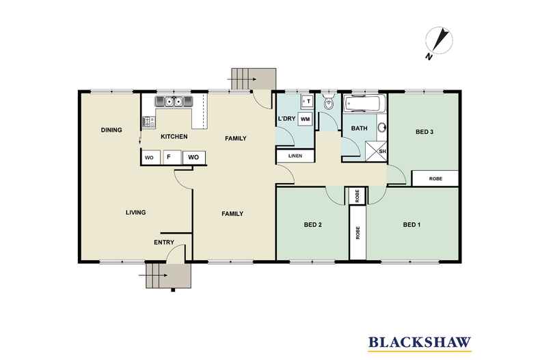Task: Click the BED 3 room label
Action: [x=424, y=132]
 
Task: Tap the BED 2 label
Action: [x=312, y=225]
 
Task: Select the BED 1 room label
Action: [x=411, y=225]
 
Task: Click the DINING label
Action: [x=111, y=130]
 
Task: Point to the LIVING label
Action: [x=136, y=212]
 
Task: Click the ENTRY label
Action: [x=164, y=243]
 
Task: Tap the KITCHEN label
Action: [x=174, y=137]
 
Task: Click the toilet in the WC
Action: [x=329, y=101]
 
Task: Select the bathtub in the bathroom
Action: [x=362, y=104]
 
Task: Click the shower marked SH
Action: [x=376, y=151]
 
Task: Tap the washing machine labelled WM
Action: [x=305, y=119]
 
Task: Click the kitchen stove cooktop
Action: [x=149, y=122]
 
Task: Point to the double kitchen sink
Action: [x=174, y=102]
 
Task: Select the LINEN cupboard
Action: [x=295, y=156]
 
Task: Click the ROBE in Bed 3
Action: [x=435, y=178]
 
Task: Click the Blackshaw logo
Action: [x=420, y=343]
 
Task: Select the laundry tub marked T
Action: [x=306, y=101]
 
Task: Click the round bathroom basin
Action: [x=382, y=128]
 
